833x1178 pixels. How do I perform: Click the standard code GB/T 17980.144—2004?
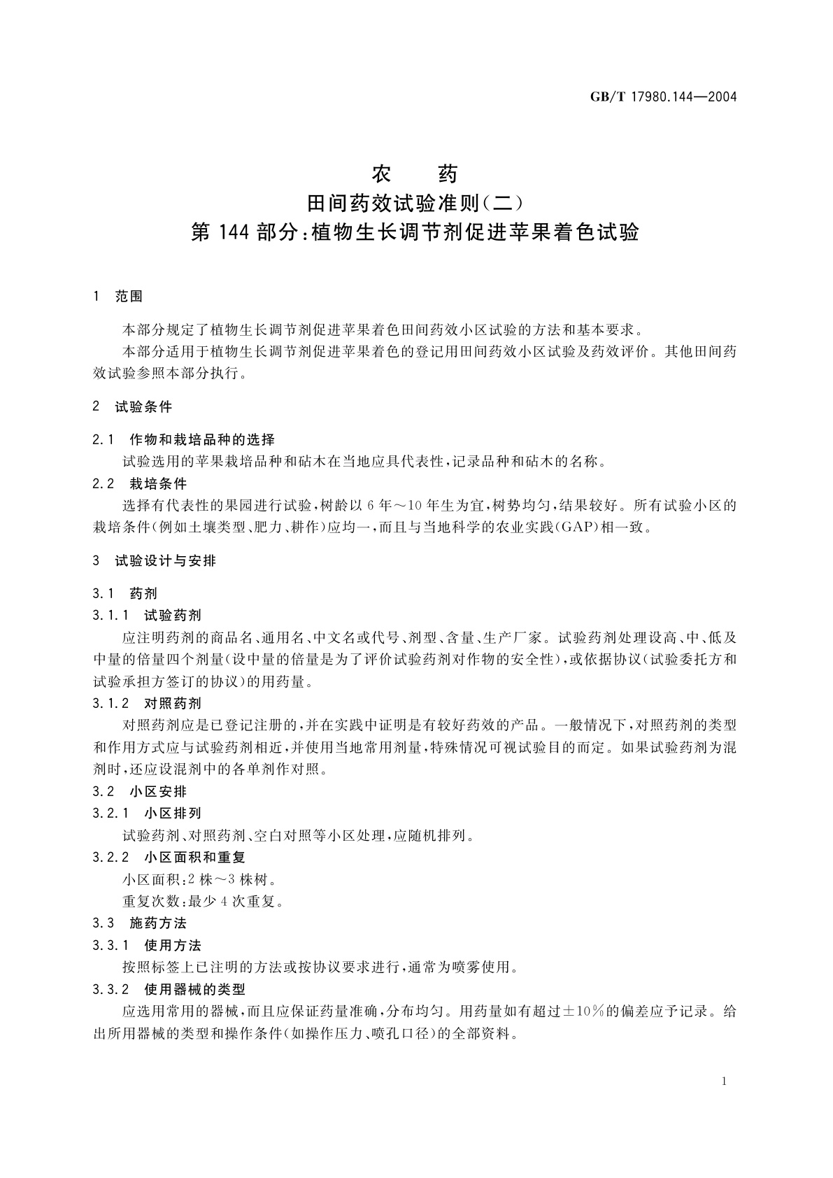(664, 97)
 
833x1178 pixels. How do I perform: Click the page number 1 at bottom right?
(724, 1081)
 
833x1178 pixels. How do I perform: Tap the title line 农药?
(415, 172)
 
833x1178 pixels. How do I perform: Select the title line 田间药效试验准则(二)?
(415, 202)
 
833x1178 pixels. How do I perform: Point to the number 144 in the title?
(233, 232)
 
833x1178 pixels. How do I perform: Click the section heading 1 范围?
(118, 296)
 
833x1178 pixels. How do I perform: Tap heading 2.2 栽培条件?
(140, 483)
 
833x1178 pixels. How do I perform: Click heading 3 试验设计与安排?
(155, 560)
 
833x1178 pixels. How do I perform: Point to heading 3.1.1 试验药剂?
(147, 615)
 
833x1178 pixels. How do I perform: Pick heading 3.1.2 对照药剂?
(147, 703)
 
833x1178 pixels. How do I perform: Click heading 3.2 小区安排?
(140, 791)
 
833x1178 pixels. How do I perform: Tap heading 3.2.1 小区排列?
(147, 813)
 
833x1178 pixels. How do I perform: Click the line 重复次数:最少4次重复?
(203, 901)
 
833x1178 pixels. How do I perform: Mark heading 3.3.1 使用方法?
(147, 945)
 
